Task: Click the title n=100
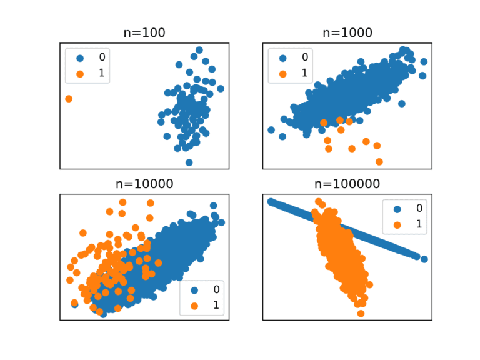(x=144, y=33)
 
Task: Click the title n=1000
(x=347, y=33)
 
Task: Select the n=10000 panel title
(x=144, y=184)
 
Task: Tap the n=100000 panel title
(x=347, y=184)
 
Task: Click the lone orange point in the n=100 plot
(x=69, y=99)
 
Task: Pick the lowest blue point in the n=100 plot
(x=189, y=162)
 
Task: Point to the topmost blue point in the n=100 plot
(x=199, y=50)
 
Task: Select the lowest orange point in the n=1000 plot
(x=379, y=162)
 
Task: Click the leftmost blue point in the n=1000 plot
(x=271, y=130)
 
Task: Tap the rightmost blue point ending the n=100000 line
(x=424, y=259)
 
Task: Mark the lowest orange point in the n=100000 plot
(x=361, y=313)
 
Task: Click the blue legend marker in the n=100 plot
(x=79, y=57)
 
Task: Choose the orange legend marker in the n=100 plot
(x=79, y=73)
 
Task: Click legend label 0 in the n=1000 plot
(x=305, y=57)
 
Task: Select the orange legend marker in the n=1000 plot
(x=282, y=73)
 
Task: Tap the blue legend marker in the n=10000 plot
(x=194, y=290)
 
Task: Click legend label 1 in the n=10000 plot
(x=216, y=306)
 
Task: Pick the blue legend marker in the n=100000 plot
(x=396, y=209)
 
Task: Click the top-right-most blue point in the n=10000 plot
(x=214, y=206)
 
